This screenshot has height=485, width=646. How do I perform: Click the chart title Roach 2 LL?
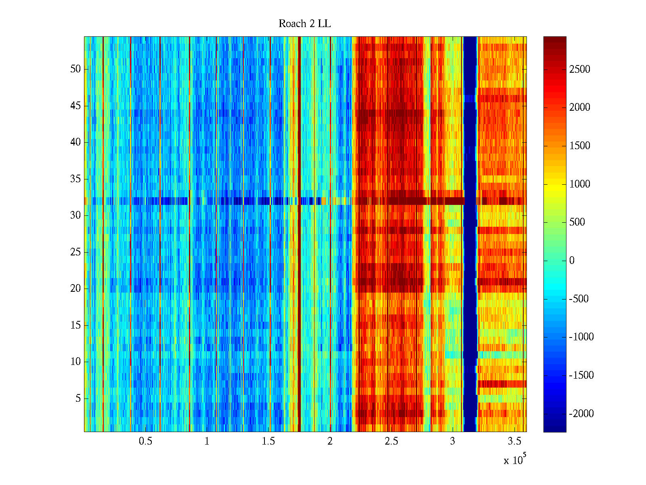click(x=304, y=24)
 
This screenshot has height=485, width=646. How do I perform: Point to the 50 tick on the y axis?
click(x=76, y=69)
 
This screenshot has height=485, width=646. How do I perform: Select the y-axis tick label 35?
click(x=76, y=179)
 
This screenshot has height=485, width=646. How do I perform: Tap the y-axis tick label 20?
click(x=76, y=289)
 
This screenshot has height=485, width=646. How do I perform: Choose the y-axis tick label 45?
click(x=76, y=106)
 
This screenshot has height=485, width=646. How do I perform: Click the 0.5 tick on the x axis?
click(x=145, y=441)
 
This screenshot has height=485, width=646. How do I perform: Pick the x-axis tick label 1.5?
click(x=268, y=441)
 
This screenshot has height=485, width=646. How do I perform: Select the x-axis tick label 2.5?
click(x=391, y=441)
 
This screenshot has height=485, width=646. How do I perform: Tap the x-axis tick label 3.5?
click(x=514, y=441)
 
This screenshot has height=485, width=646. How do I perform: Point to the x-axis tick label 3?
click(x=453, y=441)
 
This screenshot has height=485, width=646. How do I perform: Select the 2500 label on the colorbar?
click(x=580, y=70)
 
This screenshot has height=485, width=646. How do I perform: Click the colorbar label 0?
click(x=572, y=261)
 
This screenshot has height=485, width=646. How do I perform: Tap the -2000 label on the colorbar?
click(x=581, y=414)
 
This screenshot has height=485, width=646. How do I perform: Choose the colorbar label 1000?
click(x=580, y=184)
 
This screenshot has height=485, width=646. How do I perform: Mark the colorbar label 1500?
click(x=580, y=146)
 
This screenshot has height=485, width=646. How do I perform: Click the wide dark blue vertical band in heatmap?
click(x=470, y=234)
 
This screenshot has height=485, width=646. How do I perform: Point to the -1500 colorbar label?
click(x=581, y=375)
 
